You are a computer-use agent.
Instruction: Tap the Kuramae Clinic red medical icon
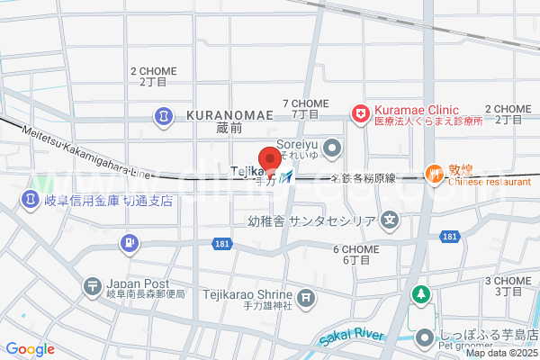point(360,113)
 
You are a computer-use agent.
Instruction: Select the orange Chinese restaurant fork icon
point(435,174)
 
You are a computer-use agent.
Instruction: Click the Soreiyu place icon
point(333,146)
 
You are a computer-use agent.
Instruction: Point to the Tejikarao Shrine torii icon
point(307,296)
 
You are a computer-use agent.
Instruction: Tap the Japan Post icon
point(92,287)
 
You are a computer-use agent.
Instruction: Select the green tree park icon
point(420,294)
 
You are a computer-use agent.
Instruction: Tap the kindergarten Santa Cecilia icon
point(390,218)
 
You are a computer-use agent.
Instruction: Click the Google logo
point(30,349)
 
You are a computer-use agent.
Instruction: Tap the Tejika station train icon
point(286,177)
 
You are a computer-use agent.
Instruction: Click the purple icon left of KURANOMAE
point(165,116)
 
